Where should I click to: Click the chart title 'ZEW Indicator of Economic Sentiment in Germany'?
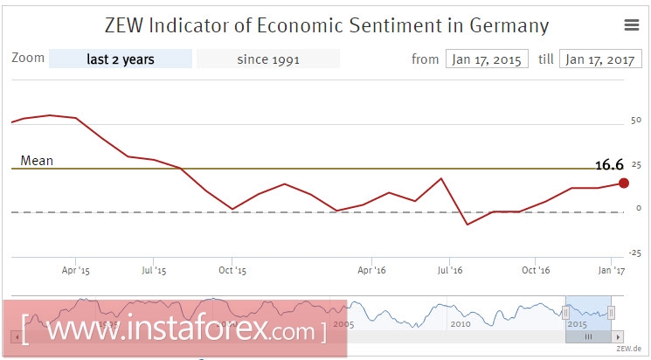tap(326, 24)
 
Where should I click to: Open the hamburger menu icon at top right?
tap(632, 25)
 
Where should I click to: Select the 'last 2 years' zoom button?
tap(121, 59)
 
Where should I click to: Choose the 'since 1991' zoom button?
tap(268, 59)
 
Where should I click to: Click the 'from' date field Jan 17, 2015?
tap(487, 59)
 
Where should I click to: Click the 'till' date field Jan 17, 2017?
tap(600, 59)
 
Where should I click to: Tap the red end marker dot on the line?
tap(624, 183)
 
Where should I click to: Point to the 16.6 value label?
tap(608, 164)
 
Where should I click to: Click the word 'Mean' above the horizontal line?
tap(37, 161)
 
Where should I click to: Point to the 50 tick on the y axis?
tap(635, 121)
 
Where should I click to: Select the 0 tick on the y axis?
tap(639, 209)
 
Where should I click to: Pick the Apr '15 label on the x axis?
tap(76, 271)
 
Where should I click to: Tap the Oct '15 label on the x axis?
tap(232, 271)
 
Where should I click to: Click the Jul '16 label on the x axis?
tap(449, 271)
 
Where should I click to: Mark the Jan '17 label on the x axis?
tap(612, 271)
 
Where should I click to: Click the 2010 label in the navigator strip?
tap(461, 323)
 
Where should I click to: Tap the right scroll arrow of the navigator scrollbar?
tap(618, 336)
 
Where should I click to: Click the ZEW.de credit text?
tap(628, 348)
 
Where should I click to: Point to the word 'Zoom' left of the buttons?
tap(28, 59)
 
